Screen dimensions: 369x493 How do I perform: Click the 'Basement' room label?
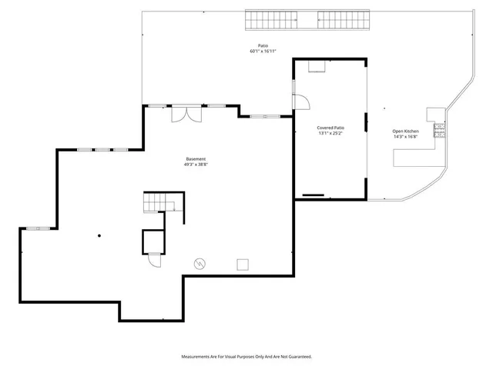click(x=195, y=158)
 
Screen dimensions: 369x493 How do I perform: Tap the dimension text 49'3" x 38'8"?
click(x=195, y=164)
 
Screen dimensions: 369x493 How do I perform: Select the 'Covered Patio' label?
click(x=330, y=128)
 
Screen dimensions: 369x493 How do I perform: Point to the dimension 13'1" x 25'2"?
click(x=330, y=133)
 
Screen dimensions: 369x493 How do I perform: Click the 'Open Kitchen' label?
click(x=406, y=131)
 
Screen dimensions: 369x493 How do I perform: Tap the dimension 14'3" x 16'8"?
click(x=406, y=137)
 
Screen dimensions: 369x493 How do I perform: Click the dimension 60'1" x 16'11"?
click(x=263, y=52)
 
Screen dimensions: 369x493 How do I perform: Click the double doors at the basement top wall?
click(x=186, y=112)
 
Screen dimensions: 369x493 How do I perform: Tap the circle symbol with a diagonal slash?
click(x=200, y=264)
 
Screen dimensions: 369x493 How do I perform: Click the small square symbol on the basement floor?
click(x=243, y=264)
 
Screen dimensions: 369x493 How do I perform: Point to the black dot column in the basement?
click(x=99, y=235)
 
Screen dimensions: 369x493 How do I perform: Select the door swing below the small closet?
click(x=154, y=260)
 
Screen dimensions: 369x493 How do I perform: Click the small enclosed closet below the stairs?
click(x=153, y=241)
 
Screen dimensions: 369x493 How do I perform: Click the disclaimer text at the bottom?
click(x=246, y=357)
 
